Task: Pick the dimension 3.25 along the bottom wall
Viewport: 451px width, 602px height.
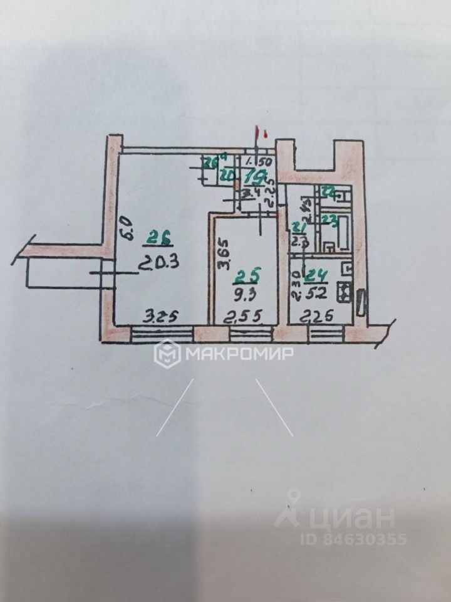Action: (157, 317)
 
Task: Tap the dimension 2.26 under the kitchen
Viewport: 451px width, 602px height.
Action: (316, 318)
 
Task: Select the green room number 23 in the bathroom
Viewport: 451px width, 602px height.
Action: (329, 220)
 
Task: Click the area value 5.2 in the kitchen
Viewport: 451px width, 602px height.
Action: (315, 290)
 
